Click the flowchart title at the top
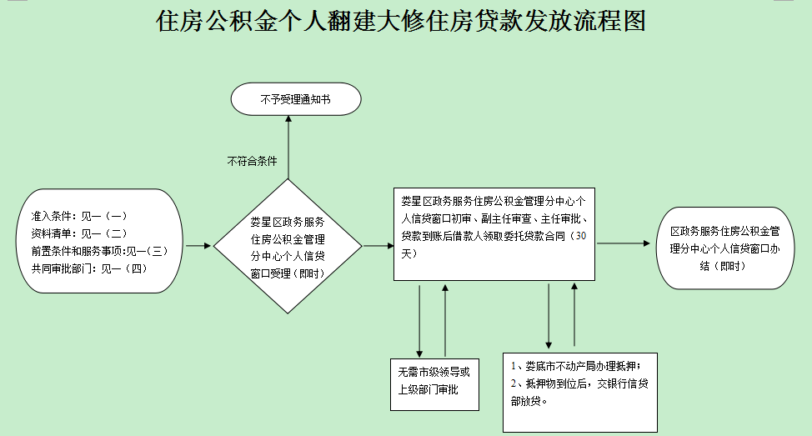click(401, 22)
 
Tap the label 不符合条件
click(252, 161)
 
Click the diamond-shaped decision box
click(288, 247)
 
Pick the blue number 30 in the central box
click(581, 237)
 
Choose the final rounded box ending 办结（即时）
click(725, 248)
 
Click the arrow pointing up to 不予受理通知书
click(288, 146)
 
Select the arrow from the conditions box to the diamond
click(198, 246)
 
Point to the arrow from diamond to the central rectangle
click(378, 246)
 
